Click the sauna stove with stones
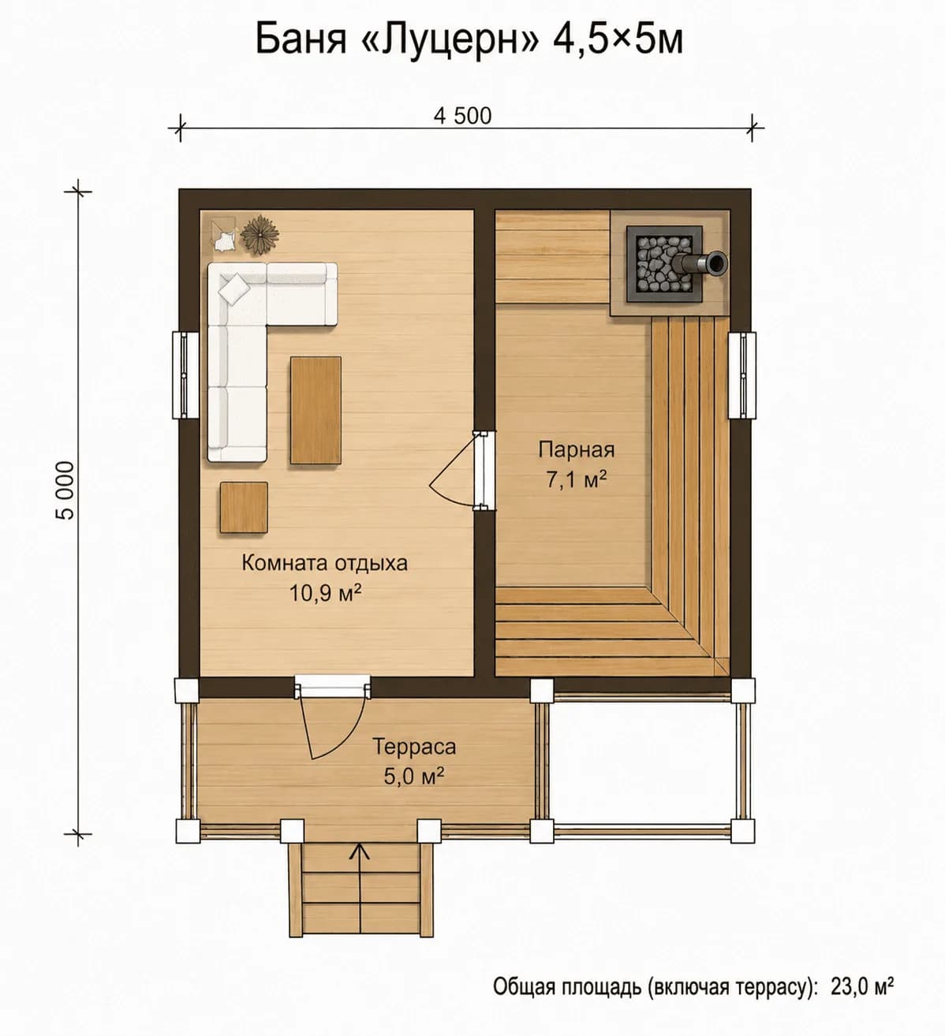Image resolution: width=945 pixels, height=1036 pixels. pyautogui.click(x=664, y=263)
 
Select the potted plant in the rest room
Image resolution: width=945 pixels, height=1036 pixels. pyautogui.click(x=260, y=235)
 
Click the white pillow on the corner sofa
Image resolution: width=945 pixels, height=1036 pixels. pyautogui.click(x=233, y=289)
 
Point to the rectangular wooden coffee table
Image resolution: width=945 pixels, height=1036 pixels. pyautogui.click(x=316, y=410)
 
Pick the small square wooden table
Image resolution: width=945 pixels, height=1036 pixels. pyautogui.click(x=244, y=507)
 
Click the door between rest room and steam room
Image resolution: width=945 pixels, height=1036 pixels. pyautogui.click(x=462, y=470)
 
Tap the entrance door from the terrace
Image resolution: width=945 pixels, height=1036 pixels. pyautogui.click(x=332, y=718)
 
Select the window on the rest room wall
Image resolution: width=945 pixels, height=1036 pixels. pyautogui.click(x=185, y=375)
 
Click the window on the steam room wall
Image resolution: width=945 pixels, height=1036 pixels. pyautogui.click(x=742, y=375)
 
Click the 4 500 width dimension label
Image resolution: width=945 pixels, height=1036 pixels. pyautogui.click(x=462, y=116)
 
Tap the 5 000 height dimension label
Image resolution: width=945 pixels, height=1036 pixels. pyautogui.click(x=66, y=490)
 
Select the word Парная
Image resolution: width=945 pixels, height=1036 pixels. pyautogui.click(x=577, y=450)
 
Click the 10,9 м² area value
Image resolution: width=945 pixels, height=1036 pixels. pyautogui.click(x=325, y=594)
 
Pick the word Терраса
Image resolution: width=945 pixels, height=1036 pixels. pyautogui.click(x=414, y=747)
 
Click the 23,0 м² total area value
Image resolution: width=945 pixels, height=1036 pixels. pyautogui.click(x=862, y=986)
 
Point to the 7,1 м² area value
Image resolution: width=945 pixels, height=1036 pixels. pyautogui.click(x=576, y=480)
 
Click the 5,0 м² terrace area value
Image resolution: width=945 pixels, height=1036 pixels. pyautogui.click(x=414, y=777)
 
